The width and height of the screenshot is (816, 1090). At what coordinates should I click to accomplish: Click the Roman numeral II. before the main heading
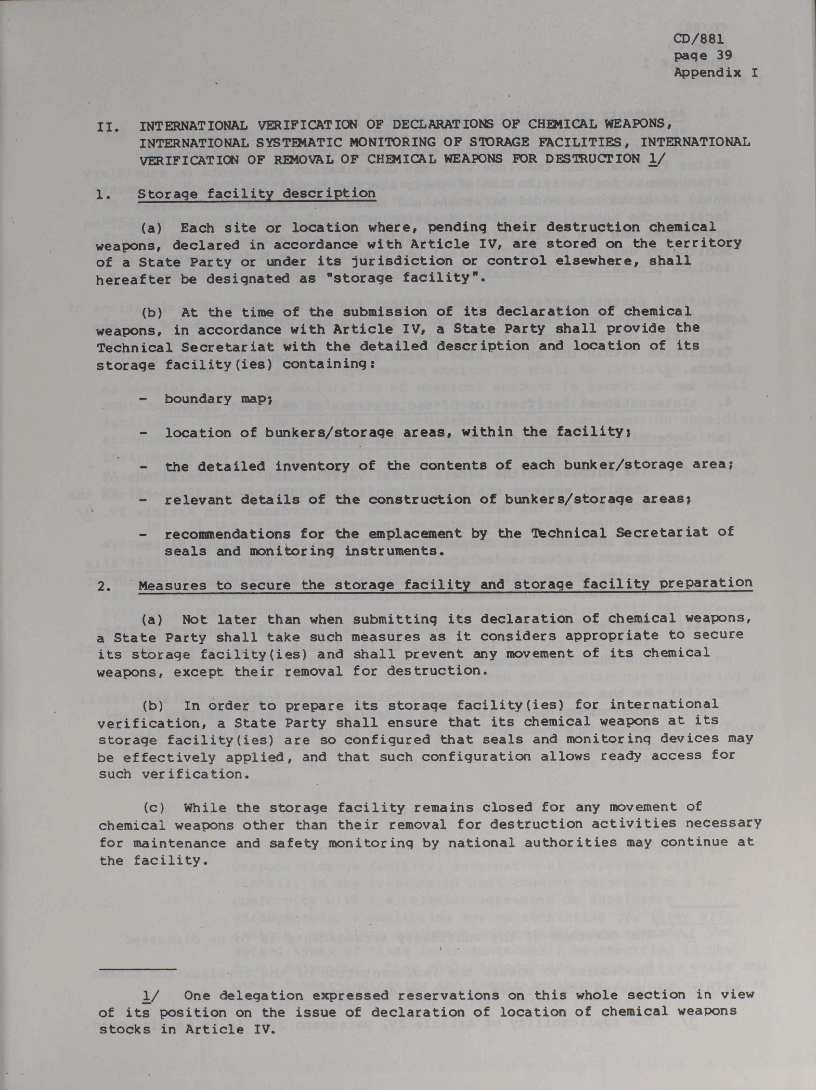coord(108,127)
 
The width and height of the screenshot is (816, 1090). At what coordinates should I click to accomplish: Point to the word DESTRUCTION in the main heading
coord(586,159)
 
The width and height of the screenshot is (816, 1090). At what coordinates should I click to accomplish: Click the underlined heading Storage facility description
coord(256,193)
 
